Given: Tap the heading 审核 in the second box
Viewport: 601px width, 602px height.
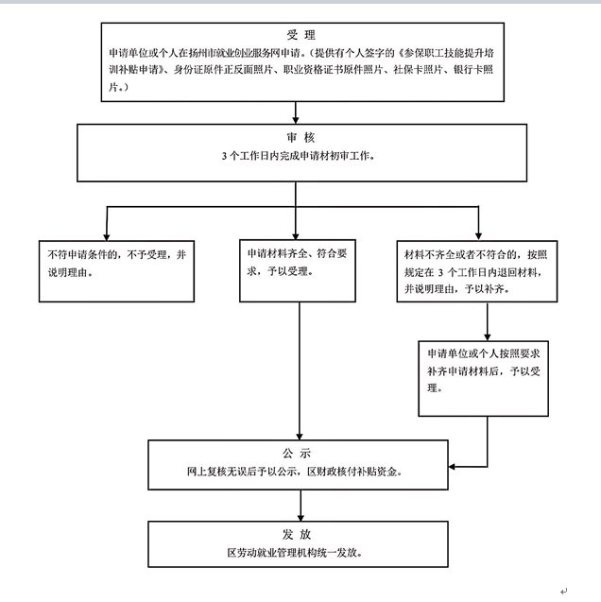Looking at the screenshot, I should click(299, 137).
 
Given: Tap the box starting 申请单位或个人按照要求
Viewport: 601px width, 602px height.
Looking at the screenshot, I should click(483, 377).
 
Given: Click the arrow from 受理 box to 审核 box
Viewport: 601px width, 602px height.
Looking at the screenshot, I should click(299, 112).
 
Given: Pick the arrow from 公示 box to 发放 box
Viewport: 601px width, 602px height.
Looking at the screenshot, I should click(299, 507).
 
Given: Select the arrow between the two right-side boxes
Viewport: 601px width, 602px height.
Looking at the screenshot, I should click(486, 321).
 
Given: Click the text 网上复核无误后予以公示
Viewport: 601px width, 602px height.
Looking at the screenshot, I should click(251, 470).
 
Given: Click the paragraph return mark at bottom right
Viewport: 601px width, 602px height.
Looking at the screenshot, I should click(564, 592).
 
